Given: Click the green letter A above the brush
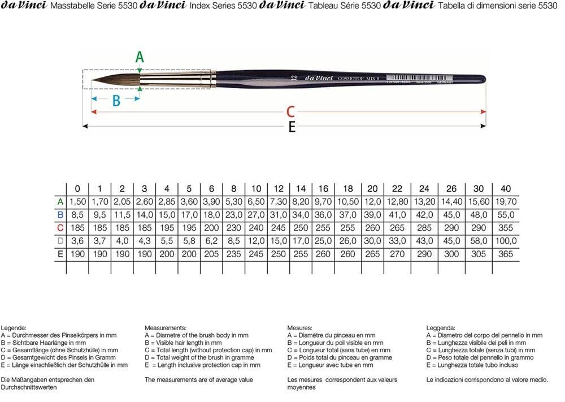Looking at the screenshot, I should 140,56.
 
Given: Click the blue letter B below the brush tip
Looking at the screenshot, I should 116,101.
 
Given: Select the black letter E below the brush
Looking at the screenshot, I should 292,128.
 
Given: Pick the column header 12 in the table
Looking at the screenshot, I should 279,188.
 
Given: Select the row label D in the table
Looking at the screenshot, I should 60,241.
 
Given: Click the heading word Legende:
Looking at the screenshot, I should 14,328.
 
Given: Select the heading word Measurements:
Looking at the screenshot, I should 166,328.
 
